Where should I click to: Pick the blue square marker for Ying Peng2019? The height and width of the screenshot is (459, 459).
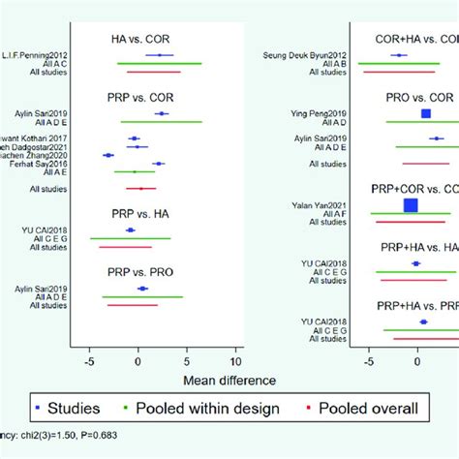[x=426, y=114]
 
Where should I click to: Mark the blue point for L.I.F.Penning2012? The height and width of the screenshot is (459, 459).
[x=160, y=55]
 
